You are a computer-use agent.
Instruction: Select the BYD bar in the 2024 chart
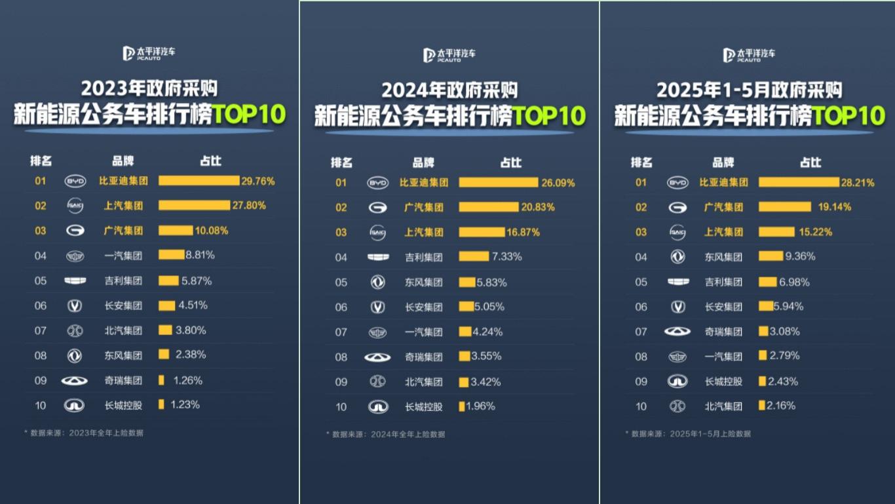pos(498,182)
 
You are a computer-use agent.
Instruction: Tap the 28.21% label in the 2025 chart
pos(858,182)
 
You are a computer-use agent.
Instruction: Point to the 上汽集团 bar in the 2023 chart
pos(194,206)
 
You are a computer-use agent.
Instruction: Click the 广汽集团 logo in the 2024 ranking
pos(377,208)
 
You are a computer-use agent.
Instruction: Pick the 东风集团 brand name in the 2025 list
pos(723,257)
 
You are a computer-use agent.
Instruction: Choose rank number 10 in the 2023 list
pos(41,406)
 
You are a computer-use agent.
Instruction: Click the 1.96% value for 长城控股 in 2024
pos(482,406)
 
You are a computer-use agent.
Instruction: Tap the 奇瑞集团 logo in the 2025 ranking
pos(677,332)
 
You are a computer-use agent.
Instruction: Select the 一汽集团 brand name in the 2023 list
pos(123,256)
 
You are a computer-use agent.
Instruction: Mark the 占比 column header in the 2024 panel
pos(511,163)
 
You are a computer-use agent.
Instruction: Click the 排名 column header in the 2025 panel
pos(641,163)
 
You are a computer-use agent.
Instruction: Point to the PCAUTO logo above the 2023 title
pos(149,54)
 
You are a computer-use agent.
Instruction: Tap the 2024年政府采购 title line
pos(449,90)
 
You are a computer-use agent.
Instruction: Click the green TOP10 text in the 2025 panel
pos(849,117)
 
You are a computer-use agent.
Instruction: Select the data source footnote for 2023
pos(86,433)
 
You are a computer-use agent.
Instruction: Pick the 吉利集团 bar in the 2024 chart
pos(473,257)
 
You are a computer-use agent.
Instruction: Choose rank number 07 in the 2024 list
pos(341,332)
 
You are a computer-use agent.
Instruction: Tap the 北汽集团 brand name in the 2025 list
pos(723,406)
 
